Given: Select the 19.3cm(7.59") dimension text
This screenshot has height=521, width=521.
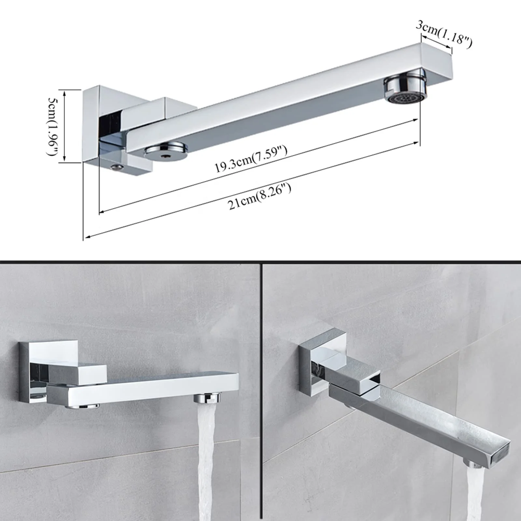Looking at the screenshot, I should click(251, 159).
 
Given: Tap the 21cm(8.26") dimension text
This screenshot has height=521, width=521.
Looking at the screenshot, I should click(260, 197).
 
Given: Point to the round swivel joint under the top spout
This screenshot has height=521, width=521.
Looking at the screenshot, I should click(166, 152).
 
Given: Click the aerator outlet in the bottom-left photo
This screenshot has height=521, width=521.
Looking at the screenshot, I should click(207, 398).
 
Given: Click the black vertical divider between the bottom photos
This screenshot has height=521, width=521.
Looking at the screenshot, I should click(261, 391).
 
